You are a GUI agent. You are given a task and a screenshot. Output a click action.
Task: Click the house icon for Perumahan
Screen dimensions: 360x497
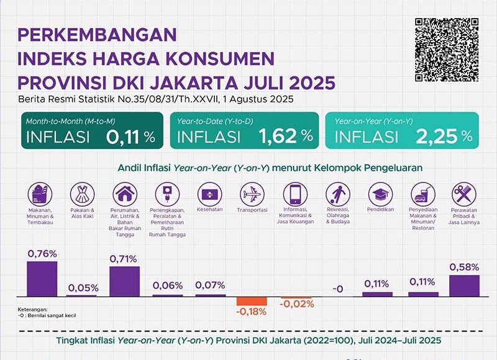pos(124,194)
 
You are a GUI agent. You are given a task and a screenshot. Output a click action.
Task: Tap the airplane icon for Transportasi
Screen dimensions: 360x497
pos(252,194)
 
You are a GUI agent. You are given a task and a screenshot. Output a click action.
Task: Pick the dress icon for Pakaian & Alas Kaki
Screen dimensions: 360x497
pos(81,194)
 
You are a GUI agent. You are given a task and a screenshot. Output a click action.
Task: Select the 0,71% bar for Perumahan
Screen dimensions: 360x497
pos(124,280)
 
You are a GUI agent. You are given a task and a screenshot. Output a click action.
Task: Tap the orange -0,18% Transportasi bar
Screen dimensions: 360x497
pos(252,300)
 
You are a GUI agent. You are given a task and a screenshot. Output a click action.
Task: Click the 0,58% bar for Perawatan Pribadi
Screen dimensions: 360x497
pos(463,285)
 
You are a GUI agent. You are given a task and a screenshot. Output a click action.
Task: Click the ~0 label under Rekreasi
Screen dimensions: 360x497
pos(337,289)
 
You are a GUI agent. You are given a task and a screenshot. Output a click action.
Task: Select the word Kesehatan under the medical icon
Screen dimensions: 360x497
pos(210,210)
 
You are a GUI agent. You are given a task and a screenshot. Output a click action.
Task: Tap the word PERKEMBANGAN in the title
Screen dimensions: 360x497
pos(98,34)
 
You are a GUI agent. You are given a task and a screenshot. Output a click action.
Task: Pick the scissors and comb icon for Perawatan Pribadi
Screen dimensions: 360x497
pos(463,194)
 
